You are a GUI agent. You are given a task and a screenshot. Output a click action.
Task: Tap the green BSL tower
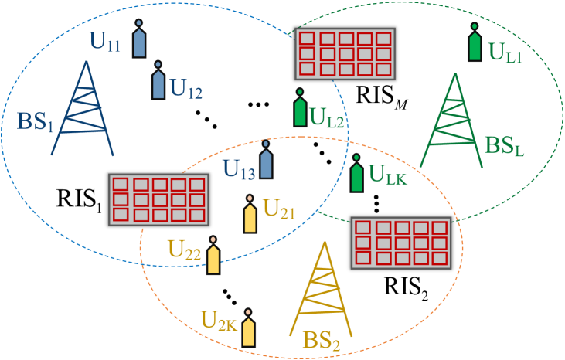(455, 120)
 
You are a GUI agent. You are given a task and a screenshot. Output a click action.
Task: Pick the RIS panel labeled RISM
(345, 53)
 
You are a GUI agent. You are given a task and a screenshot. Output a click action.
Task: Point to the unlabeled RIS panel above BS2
(399, 242)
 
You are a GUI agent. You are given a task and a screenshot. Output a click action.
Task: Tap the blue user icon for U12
(158, 80)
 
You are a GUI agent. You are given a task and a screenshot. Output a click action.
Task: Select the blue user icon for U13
(266, 160)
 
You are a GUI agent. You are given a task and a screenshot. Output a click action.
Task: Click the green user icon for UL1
(475, 43)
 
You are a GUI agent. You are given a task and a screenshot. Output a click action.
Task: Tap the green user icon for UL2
(299, 108)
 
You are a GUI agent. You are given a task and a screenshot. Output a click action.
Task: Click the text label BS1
(35, 123)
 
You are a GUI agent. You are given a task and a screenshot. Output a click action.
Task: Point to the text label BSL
(504, 145)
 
